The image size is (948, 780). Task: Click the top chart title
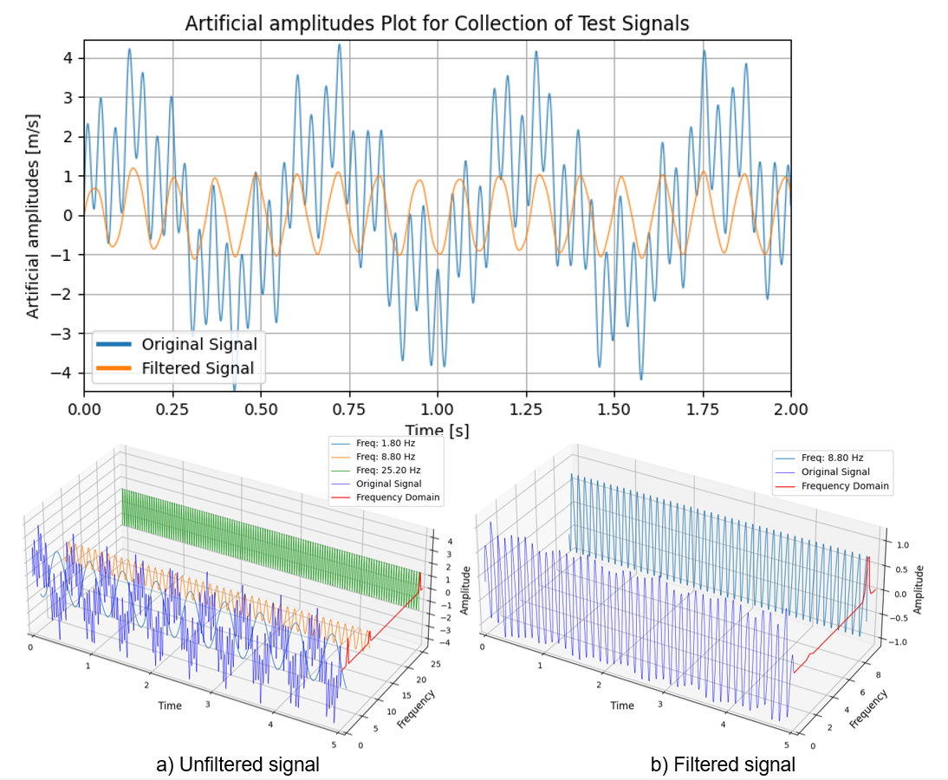coord(437,23)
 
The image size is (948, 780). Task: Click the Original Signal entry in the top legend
coord(199,343)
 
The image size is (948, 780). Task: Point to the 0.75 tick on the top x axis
coord(349,409)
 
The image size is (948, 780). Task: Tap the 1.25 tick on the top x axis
coord(526,409)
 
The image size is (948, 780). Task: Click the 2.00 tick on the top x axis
coord(790,409)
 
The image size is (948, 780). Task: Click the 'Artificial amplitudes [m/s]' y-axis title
coord(33,215)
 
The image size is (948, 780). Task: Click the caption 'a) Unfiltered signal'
coord(237,764)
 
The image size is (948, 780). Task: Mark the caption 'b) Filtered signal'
coord(723,764)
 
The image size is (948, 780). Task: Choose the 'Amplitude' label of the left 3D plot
coord(465,591)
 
